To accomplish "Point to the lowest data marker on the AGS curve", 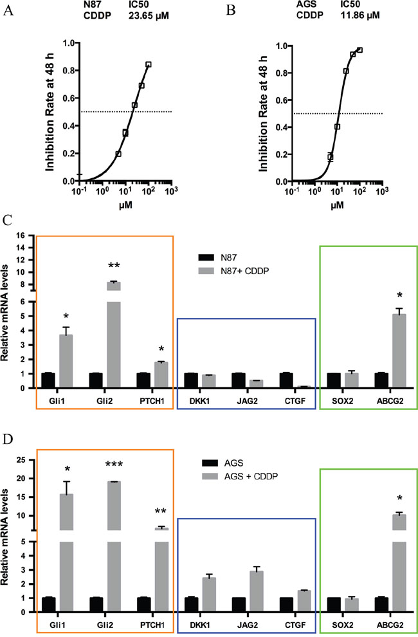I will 330,157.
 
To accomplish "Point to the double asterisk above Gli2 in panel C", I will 114,267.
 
